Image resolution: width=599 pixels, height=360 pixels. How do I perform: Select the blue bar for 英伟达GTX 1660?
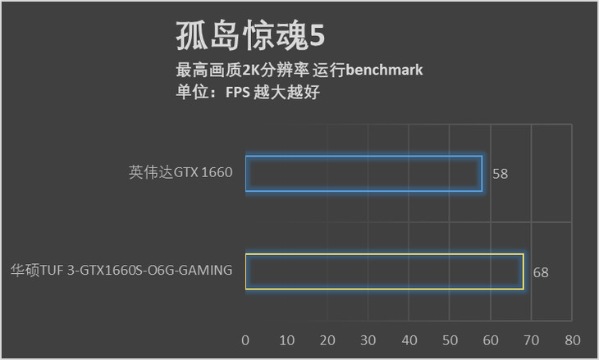click(x=364, y=173)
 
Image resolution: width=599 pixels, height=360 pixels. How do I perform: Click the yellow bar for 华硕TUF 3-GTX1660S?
click(x=384, y=271)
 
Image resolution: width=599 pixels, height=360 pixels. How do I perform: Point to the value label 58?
click(x=501, y=174)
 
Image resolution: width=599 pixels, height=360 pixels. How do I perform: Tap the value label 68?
click(x=541, y=272)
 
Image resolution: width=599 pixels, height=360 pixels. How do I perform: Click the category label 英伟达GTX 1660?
click(x=181, y=173)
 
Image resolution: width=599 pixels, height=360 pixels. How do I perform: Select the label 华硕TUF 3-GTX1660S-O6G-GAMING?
click(x=121, y=270)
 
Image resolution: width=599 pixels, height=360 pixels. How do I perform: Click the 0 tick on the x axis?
click(x=245, y=339)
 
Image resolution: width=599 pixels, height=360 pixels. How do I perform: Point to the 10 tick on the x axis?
click(x=286, y=339)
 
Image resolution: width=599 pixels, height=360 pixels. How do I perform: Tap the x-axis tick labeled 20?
click(x=327, y=339)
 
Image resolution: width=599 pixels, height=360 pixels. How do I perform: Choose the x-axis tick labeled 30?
click(x=368, y=339)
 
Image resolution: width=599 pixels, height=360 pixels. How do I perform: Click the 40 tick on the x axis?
click(x=409, y=339)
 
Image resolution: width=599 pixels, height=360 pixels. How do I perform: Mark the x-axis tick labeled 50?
click(x=450, y=339)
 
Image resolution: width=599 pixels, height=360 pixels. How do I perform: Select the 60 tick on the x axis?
click(x=491, y=339)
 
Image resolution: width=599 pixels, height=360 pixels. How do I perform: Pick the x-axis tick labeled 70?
click(x=532, y=339)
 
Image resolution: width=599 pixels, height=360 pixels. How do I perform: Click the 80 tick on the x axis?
click(x=573, y=339)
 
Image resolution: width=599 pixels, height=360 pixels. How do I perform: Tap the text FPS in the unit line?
click(x=238, y=92)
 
